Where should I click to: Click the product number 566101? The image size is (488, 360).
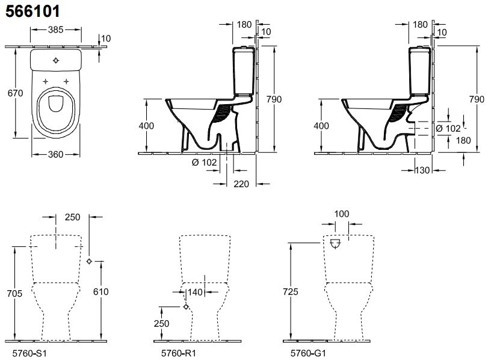33,10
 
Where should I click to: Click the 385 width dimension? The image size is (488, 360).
55,29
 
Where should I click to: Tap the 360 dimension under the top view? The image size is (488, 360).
55,155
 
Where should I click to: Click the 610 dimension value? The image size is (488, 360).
100,291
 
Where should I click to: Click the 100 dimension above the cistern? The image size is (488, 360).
341,214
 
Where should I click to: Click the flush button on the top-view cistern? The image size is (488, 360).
55,60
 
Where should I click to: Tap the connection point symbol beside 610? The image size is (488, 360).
89,261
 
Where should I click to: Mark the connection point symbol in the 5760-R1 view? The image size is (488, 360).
185,306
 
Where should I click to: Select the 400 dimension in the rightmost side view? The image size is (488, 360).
322,125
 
